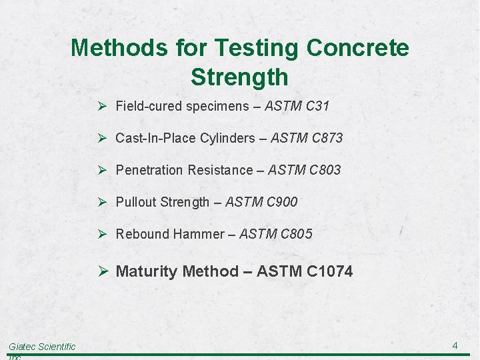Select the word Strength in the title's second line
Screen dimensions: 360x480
coord(239,77)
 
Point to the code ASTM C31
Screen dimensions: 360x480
coord(297,106)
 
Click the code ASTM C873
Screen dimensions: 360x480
coord(305,138)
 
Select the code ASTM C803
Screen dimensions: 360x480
coord(304,170)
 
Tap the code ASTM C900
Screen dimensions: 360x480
coord(261,202)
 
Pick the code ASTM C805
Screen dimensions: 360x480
coord(275,234)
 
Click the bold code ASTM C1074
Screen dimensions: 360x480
coord(305,271)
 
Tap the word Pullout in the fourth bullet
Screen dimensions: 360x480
coord(136,202)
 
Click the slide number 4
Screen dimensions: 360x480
coord(455,345)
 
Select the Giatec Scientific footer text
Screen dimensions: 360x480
coord(42,347)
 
